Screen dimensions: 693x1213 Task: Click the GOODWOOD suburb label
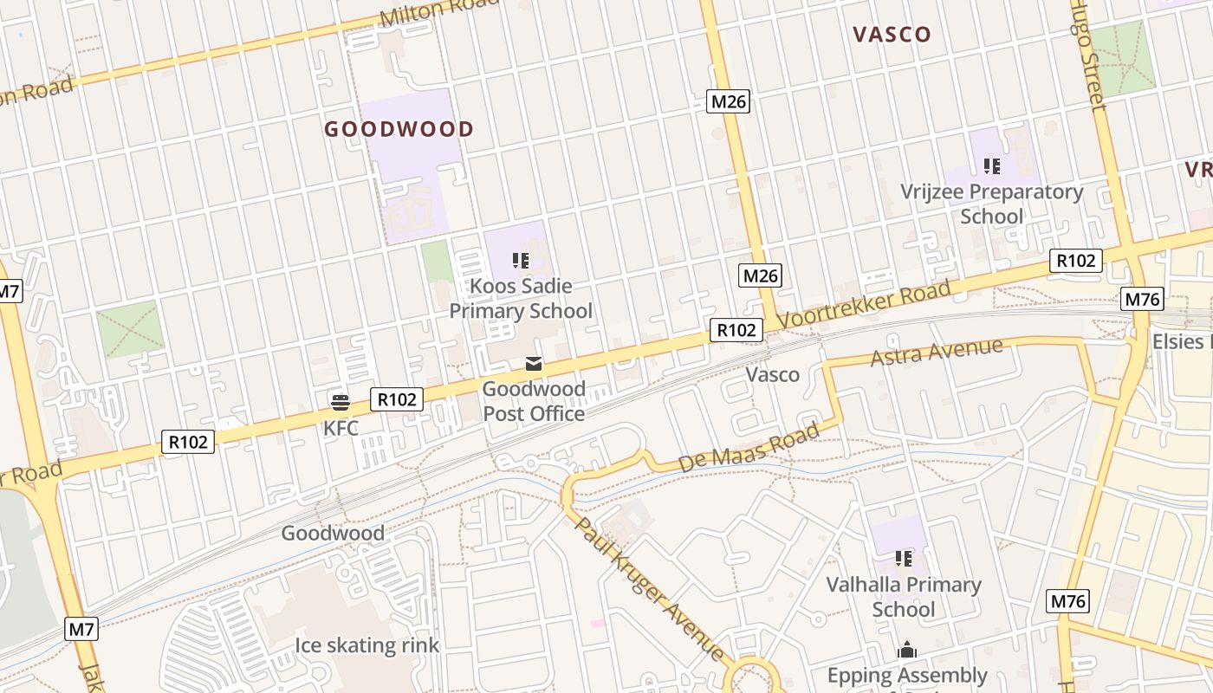[399, 130]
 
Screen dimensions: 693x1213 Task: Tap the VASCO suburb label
[892, 35]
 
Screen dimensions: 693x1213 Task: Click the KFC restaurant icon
[340, 401]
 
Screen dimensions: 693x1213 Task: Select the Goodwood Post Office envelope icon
[534, 365]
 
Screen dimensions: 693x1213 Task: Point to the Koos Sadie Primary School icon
[521, 260]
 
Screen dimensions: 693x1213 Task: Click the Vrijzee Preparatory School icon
[992, 166]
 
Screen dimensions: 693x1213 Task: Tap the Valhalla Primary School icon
[904, 559]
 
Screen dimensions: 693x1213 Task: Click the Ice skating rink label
[367, 645]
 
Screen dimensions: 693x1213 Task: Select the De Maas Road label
[749, 446]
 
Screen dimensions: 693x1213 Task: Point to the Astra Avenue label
[936, 352]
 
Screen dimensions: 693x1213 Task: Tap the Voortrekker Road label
[863, 303]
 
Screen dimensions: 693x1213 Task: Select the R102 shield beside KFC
[398, 399]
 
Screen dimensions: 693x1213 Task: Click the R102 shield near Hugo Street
[1076, 260]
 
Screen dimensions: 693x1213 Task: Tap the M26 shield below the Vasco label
[728, 101]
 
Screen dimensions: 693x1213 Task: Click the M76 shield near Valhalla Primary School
[1068, 601]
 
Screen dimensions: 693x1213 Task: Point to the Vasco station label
[772, 375]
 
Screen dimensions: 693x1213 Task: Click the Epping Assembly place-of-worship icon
[907, 650]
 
